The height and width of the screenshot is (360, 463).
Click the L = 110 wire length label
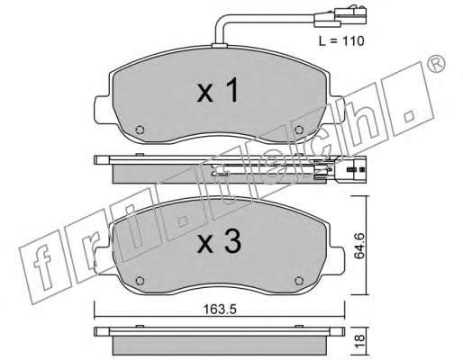click(x=341, y=40)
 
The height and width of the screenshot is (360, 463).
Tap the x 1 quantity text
click(x=218, y=90)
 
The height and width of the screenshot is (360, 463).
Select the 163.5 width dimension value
click(x=220, y=310)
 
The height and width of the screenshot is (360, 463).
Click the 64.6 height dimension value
click(x=359, y=246)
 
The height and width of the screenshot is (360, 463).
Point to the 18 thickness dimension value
click(x=359, y=342)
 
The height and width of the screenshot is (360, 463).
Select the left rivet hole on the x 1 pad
click(x=140, y=130)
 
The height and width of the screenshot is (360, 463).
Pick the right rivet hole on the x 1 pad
click(x=299, y=130)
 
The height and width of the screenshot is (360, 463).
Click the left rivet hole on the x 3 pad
click(x=140, y=281)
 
